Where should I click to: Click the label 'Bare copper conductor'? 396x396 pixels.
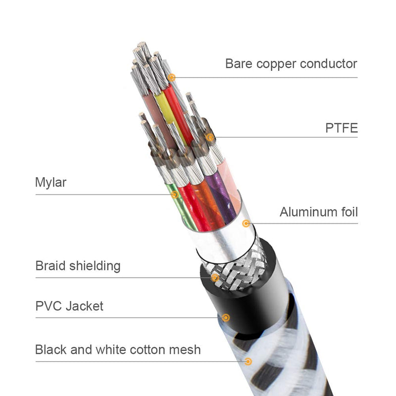291,64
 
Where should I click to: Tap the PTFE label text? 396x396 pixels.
341,129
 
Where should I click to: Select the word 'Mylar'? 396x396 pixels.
50,182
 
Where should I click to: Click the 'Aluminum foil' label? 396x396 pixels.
318,212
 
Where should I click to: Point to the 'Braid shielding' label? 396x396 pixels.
78,266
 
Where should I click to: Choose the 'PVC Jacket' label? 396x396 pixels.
69,306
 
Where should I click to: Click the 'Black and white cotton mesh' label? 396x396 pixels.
118,349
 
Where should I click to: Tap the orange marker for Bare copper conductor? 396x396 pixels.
172,77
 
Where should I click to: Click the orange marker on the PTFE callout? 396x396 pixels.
210,137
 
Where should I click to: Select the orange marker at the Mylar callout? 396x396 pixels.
175,195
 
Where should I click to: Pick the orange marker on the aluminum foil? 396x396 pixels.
246,223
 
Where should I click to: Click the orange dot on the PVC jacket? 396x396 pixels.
226,317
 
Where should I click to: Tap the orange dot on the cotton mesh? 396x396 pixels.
248,362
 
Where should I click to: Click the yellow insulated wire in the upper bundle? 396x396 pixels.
163,106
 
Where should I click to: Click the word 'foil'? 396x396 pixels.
346,212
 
